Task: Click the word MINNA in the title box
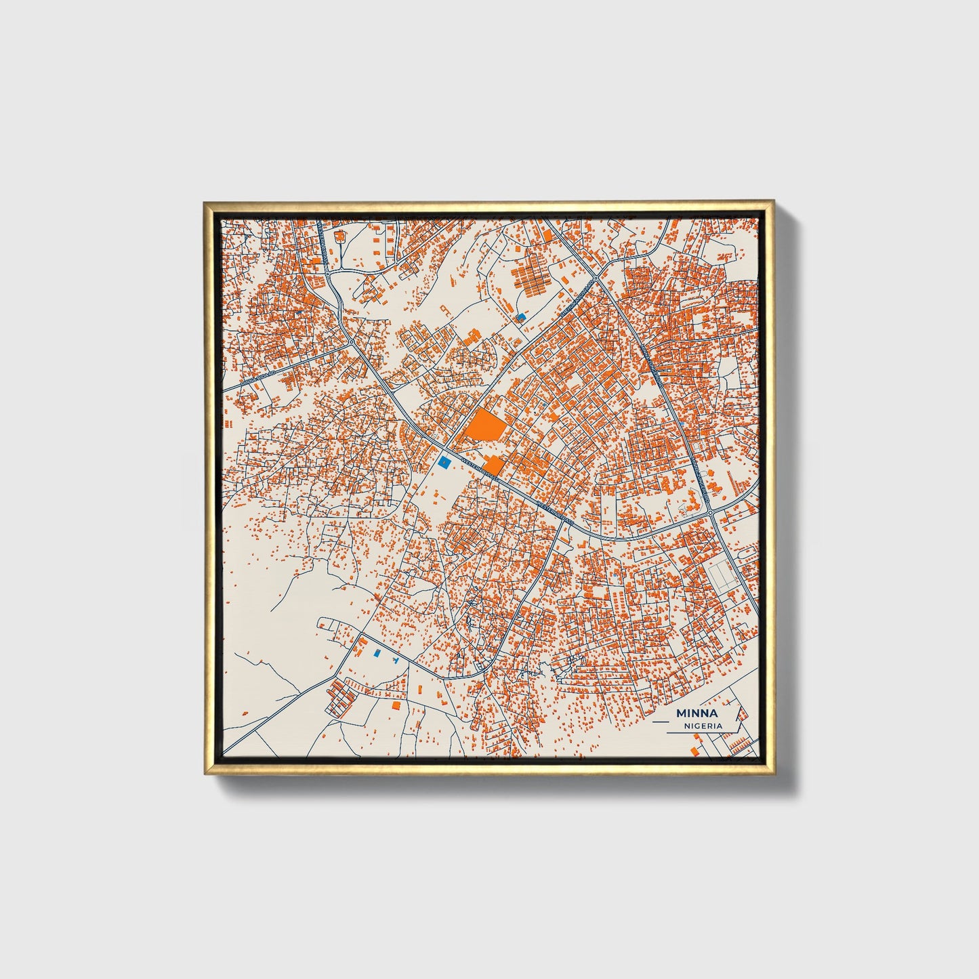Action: [x=696, y=713]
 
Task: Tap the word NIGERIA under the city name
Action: [x=703, y=726]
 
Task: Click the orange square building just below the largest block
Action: [x=493, y=465]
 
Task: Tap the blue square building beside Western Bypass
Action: [x=444, y=462]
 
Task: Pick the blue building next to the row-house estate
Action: [x=520, y=316]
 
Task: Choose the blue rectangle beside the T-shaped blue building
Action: [x=377, y=652]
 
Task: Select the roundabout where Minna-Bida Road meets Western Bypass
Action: [x=352, y=342]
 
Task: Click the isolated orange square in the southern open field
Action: [x=396, y=705]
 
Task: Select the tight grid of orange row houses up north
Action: [x=531, y=278]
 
